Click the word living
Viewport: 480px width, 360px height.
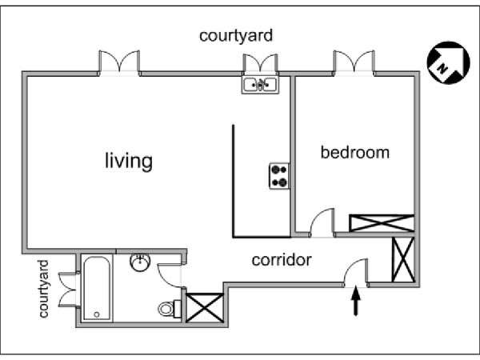point(129,161)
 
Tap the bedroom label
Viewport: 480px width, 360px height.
point(354,153)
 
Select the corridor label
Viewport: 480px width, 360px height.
point(282,260)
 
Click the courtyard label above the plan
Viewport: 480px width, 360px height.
point(236,36)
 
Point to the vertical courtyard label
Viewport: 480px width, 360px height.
point(43,289)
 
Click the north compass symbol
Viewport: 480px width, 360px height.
point(448,62)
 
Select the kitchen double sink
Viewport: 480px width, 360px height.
point(260,85)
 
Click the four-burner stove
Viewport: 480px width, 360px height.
point(279,176)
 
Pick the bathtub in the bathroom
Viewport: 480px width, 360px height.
point(97,288)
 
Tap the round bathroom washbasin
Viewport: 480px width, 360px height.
point(140,262)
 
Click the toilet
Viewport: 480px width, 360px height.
point(170,309)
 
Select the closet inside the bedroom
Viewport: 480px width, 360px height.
point(382,223)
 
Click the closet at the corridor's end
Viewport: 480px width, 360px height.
point(403,259)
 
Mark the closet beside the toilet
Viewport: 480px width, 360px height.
point(205,308)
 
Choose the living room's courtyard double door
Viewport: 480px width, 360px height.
point(119,62)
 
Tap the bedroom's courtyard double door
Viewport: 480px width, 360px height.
point(354,62)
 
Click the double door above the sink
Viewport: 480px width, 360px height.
point(261,64)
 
